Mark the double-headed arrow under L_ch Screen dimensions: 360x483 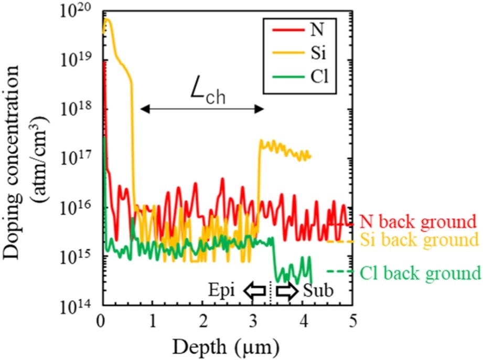point(202,109)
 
